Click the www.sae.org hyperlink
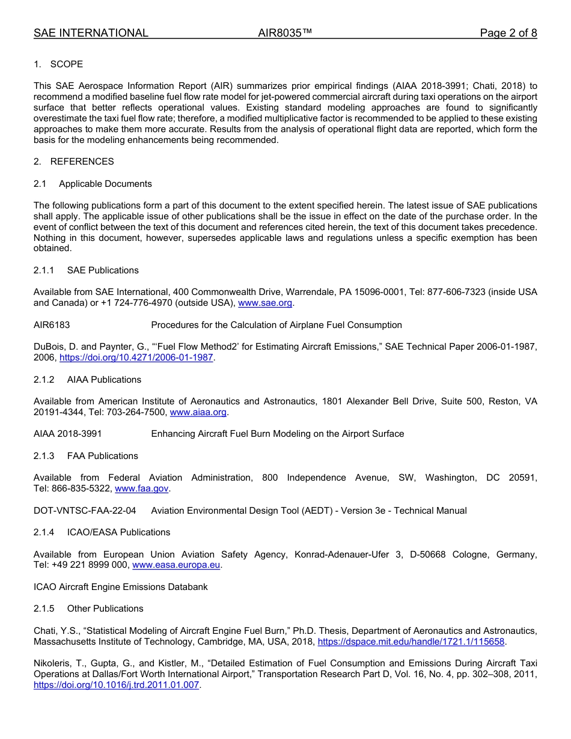click(x=265, y=303)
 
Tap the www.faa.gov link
click(x=142, y=488)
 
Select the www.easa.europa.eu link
click(x=177, y=565)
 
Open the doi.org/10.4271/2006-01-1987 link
click(x=136, y=357)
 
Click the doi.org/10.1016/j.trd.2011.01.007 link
click(x=116, y=685)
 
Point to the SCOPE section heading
click(x=66, y=64)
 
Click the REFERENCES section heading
click(x=82, y=162)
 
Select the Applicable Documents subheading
click(x=105, y=184)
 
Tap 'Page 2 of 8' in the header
click(x=508, y=33)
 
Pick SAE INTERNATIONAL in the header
click(x=91, y=33)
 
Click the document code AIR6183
click(x=52, y=325)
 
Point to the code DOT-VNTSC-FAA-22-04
click(x=85, y=511)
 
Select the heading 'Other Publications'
click(x=105, y=609)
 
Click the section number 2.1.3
click(x=44, y=456)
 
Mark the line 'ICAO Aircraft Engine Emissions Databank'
click(x=120, y=587)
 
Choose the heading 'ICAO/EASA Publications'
click(x=118, y=532)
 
